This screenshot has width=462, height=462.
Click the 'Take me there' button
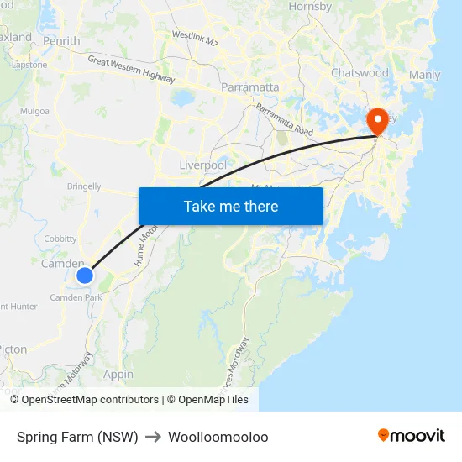[231, 206]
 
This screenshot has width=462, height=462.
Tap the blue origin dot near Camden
[85, 275]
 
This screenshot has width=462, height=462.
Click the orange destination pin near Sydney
[377, 123]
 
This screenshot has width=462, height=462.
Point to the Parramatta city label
[249, 87]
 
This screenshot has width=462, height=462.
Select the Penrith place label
[60, 40]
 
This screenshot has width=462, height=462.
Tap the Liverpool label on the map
[203, 165]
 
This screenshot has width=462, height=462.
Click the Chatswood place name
[360, 73]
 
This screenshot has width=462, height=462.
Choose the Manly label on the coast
[423, 75]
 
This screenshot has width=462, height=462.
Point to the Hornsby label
[311, 7]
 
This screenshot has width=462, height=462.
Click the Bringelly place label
[84, 186]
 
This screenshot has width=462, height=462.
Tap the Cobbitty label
[60, 239]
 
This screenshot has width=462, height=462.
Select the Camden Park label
[76, 297]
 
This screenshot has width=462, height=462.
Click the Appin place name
[118, 375]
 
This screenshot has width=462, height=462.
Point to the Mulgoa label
[35, 110]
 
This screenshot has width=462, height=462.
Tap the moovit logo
[412, 436]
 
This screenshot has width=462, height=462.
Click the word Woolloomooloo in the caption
[218, 437]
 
